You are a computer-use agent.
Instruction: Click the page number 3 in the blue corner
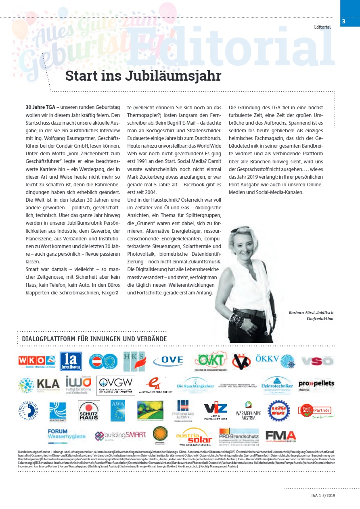(343, 21)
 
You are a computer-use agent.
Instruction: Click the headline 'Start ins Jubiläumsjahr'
(143, 76)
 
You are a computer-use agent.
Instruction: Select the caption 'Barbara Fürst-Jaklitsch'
(311, 313)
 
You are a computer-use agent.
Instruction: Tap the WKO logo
(36, 360)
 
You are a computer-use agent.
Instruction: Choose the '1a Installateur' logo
(71, 361)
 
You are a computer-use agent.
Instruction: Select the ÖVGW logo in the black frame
(115, 385)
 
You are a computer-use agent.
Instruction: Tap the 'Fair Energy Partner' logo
(316, 411)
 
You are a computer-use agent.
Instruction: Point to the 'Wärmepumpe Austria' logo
(249, 411)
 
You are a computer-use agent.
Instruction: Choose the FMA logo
(280, 436)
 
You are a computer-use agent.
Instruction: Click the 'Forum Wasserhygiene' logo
(67, 434)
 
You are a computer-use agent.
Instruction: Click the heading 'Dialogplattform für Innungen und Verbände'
(94, 339)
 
